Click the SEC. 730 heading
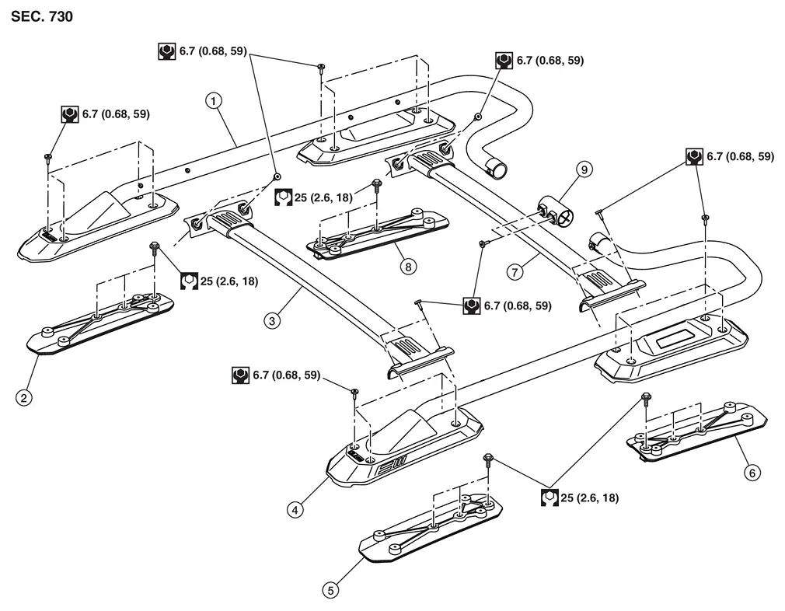[x=42, y=16]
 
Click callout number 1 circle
[x=213, y=100]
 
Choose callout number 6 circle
[x=751, y=472]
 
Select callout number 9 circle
[x=582, y=169]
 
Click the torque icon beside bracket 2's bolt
[x=189, y=281]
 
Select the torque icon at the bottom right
[x=550, y=497]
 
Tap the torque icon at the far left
[x=70, y=114]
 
